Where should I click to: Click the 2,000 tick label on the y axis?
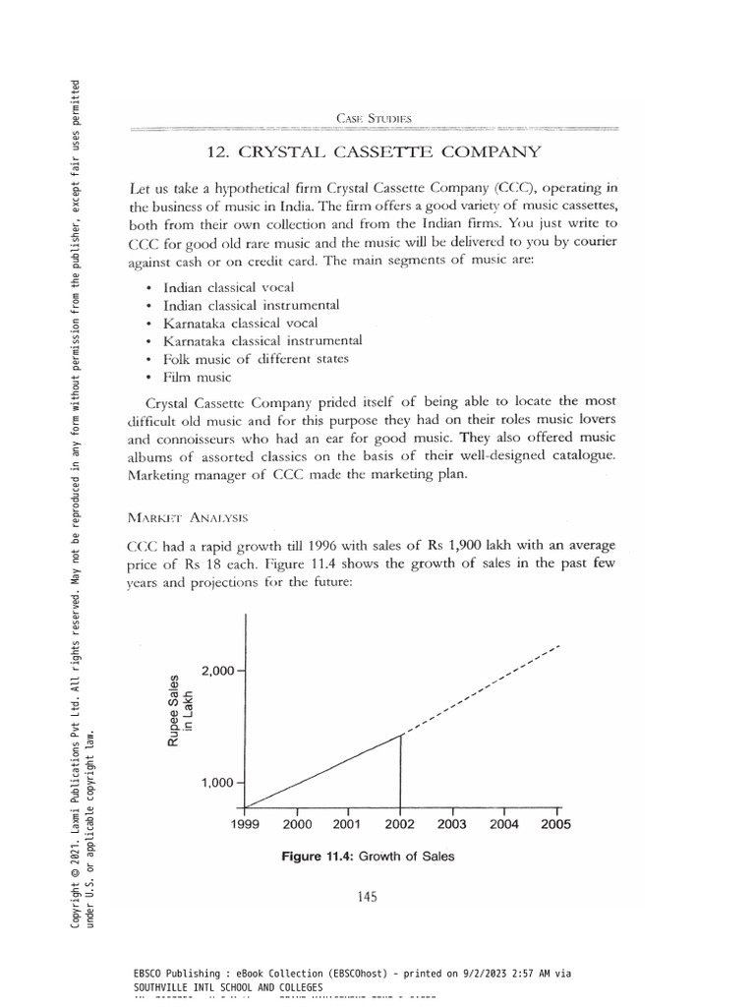[x=217, y=671]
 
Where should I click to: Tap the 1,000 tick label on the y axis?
[x=217, y=783]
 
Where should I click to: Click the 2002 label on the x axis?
[x=399, y=825]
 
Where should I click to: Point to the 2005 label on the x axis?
[x=555, y=825]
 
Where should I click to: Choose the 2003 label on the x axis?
[x=451, y=825]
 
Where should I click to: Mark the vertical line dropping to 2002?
[x=400, y=767]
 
